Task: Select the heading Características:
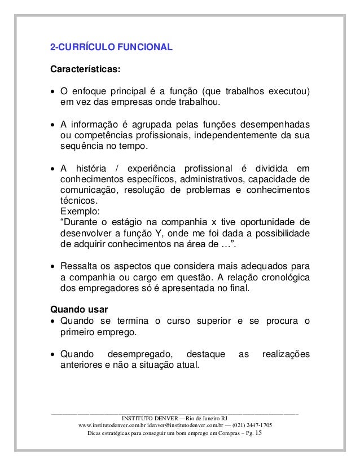click(86, 71)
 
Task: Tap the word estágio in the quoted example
click(129, 223)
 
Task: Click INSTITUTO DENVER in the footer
click(147, 418)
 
